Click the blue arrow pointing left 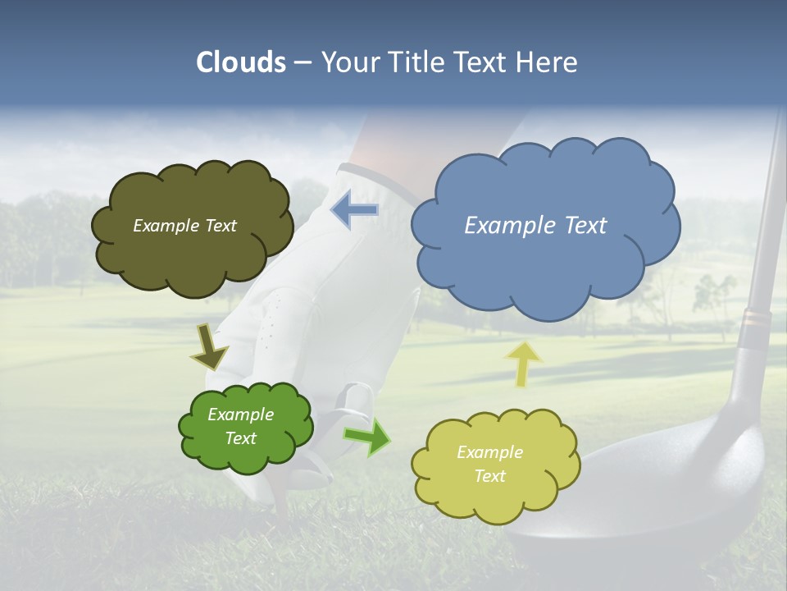click(x=355, y=211)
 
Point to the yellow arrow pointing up click(x=525, y=364)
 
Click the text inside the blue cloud click(x=535, y=225)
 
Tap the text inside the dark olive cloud click(x=184, y=225)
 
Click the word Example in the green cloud click(x=240, y=415)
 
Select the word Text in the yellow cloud click(x=489, y=476)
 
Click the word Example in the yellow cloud click(x=489, y=452)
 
